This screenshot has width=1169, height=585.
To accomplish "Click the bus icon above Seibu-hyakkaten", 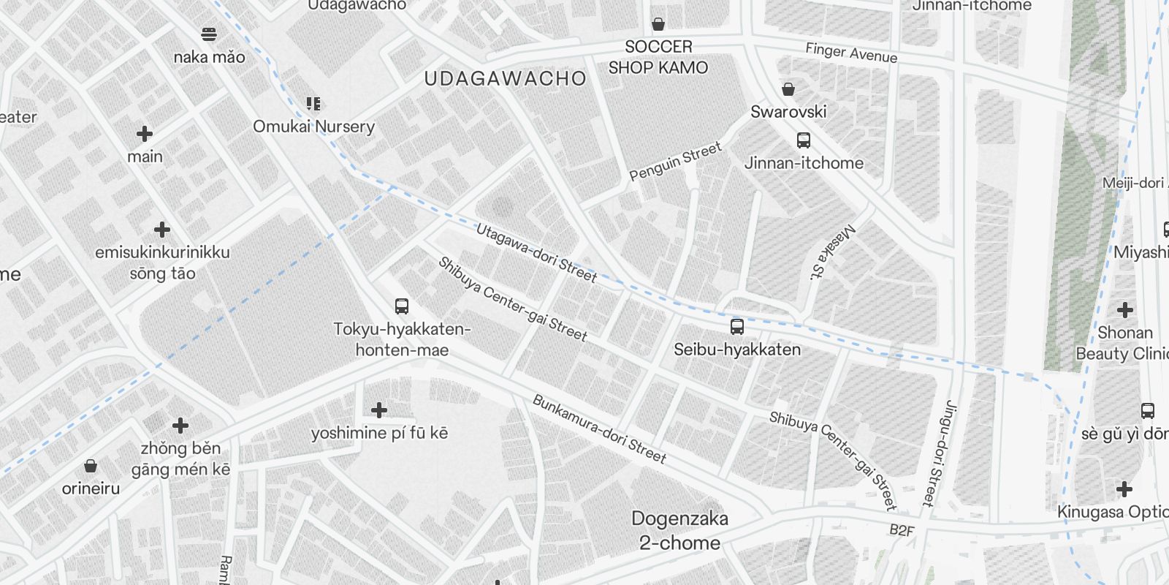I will (x=737, y=326).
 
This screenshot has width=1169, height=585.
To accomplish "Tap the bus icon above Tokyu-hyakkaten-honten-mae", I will (x=402, y=306).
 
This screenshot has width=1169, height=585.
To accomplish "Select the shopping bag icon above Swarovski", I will (x=788, y=89).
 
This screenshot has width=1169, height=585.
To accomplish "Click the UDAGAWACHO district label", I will (x=505, y=79).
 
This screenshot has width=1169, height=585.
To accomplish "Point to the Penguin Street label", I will (x=675, y=161).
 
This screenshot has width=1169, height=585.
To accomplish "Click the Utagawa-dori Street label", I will (x=536, y=253).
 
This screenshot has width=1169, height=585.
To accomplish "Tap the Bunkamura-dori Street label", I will (x=599, y=429).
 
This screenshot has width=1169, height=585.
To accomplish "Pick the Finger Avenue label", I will (x=851, y=53).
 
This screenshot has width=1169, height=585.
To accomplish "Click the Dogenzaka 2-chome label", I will (x=679, y=530).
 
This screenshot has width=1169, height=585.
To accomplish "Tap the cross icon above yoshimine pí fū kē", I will (x=378, y=409).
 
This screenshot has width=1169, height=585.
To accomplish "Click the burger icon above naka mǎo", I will (x=209, y=34).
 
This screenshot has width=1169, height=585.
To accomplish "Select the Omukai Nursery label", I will (x=313, y=127).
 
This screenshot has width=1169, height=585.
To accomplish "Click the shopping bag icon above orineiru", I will (x=91, y=466).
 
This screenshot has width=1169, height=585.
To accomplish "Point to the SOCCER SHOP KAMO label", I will (x=658, y=57).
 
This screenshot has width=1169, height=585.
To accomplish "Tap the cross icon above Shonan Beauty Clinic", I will (x=1125, y=309).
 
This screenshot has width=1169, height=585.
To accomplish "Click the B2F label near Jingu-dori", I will (x=902, y=530).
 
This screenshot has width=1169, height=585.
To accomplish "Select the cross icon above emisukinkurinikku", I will (x=162, y=230).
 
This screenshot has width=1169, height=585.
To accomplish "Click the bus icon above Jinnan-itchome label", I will (x=804, y=140).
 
